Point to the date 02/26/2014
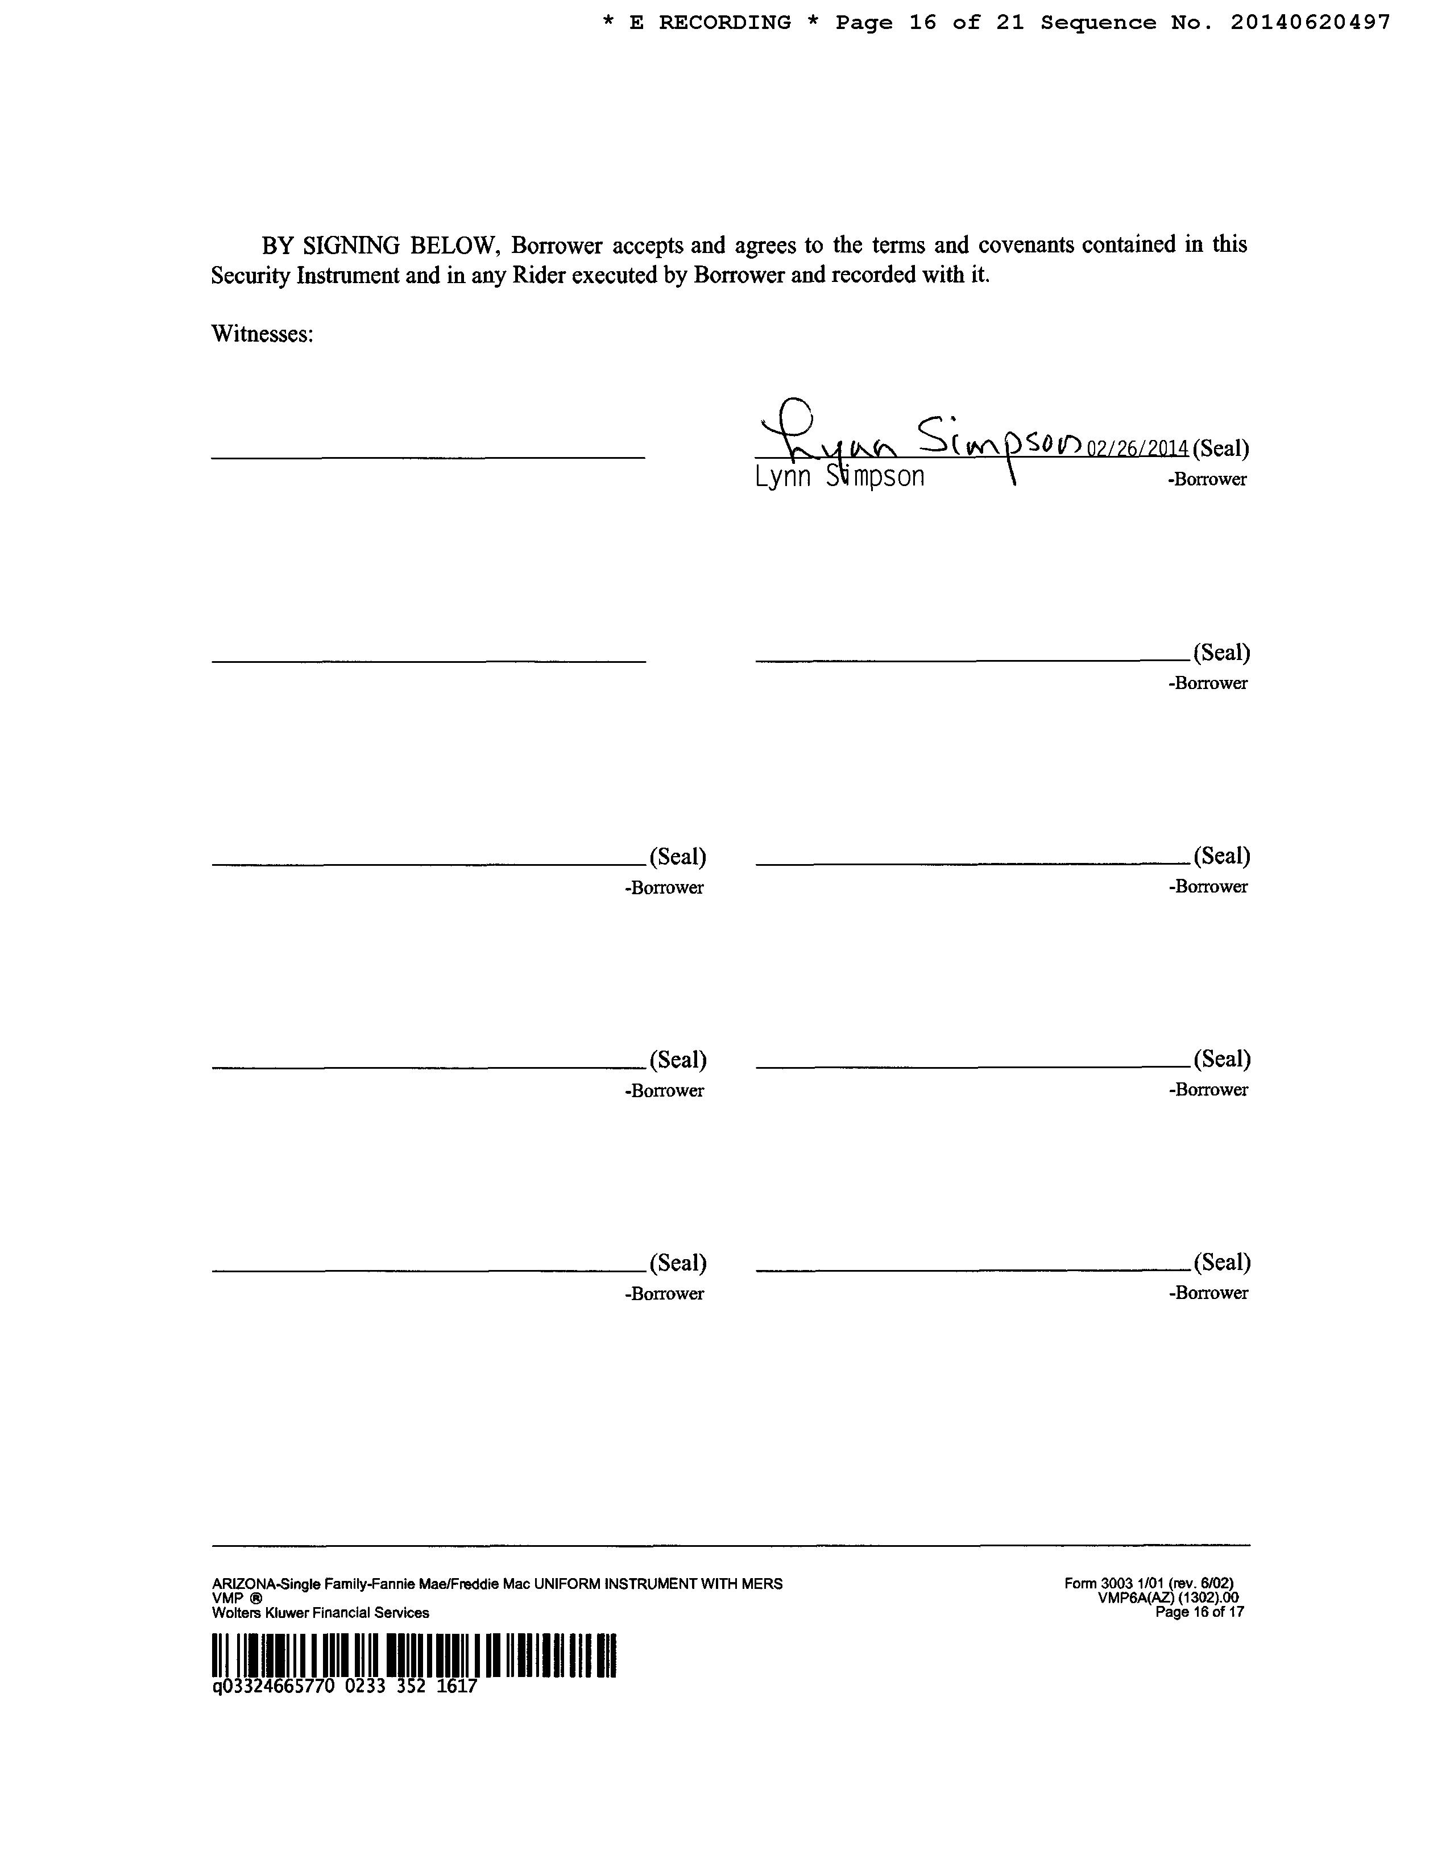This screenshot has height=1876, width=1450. (1137, 449)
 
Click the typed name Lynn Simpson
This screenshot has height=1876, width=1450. (839, 477)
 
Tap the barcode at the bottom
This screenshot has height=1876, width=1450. (414, 1655)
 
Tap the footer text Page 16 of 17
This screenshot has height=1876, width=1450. (1199, 1612)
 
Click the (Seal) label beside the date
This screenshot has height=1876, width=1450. (1221, 449)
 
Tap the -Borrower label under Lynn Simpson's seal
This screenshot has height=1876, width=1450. (1207, 479)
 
